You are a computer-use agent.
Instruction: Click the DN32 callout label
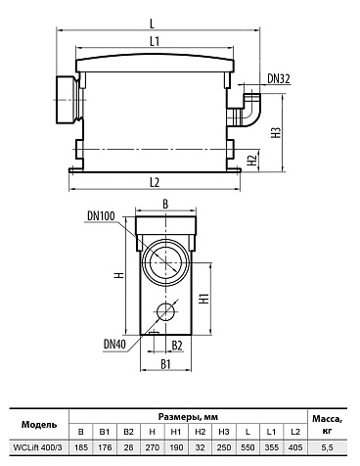[x=279, y=78]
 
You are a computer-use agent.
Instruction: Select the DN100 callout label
[x=101, y=215]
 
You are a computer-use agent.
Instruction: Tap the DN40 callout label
[x=114, y=344]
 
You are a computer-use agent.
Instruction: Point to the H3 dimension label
[x=277, y=132]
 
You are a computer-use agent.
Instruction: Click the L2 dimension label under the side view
[x=155, y=183]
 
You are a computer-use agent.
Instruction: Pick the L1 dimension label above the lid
[x=155, y=41]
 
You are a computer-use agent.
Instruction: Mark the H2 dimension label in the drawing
[x=252, y=160]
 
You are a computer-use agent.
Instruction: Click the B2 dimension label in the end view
[x=177, y=346]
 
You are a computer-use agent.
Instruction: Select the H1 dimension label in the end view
[x=204, y=299]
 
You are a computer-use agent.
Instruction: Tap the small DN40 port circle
[x=165, y=311]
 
